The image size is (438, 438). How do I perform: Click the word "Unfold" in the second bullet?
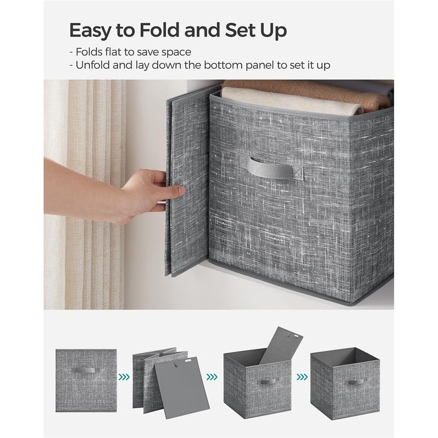[x=92, y=65]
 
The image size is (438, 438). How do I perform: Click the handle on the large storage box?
[x=275, y=169]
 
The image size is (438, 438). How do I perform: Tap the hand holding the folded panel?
[x=145, y=193]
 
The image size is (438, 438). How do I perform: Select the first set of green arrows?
[x=124, y=376]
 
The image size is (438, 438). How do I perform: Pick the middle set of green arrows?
[x=212, y=376]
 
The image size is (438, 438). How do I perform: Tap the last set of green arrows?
[x=301, y=376]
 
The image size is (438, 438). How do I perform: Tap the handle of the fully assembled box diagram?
[x=355, y=382]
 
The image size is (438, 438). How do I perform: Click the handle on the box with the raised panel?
[x=268, y=381]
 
